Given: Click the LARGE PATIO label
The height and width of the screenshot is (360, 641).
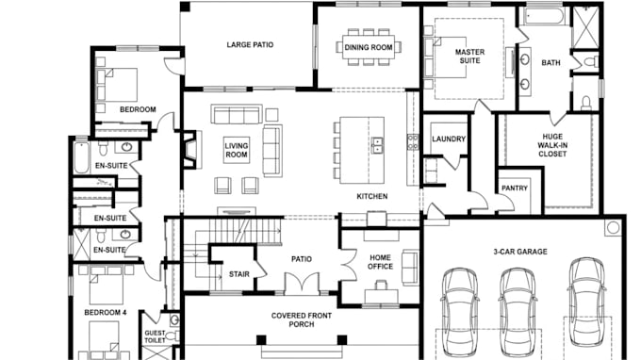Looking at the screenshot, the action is click(250, 44).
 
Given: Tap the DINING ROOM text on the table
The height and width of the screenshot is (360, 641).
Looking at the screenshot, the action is click(369, 47).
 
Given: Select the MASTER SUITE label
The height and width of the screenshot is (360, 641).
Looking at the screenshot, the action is click(469, 57).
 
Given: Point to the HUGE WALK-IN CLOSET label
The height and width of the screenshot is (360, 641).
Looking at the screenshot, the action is click(552, 145).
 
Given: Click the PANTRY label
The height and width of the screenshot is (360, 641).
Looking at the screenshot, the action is click(515, 188).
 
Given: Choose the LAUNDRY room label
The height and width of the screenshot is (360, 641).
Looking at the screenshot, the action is click(449, 139).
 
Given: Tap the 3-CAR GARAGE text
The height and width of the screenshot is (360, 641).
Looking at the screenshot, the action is click(520, 252).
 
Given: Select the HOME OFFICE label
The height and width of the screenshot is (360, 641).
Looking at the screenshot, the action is click(380, 262).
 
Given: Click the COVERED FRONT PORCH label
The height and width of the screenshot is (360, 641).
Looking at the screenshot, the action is click(302, 320).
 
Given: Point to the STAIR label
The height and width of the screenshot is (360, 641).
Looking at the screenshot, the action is click(239, 274).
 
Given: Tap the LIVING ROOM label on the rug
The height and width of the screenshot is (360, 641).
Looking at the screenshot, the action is click(237, 151).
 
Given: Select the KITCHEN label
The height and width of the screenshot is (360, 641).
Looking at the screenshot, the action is click(372, 197).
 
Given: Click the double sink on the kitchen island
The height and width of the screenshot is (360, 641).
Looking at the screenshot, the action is click(377, 145).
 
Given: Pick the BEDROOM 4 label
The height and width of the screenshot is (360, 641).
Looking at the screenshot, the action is click(105, 313).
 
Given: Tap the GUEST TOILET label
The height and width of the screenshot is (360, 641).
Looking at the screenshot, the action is click(155, 336).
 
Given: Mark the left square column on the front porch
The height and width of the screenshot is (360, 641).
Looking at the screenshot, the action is click(261, 340).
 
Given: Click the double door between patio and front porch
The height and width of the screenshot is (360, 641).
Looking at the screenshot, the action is click(302, 284).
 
